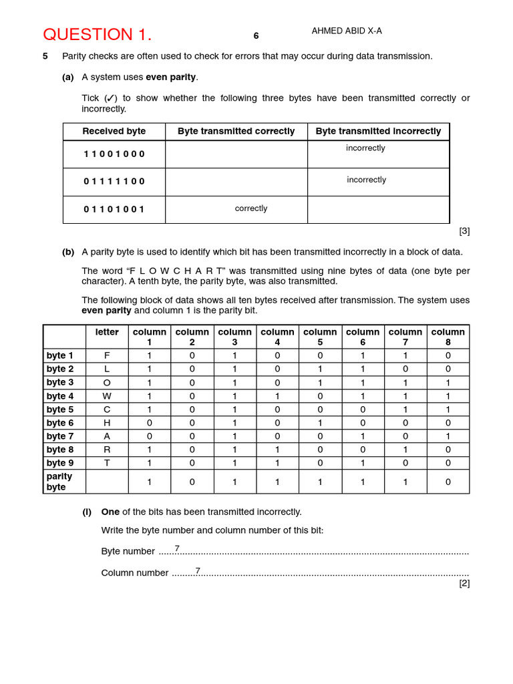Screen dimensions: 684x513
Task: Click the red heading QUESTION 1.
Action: click(x=98, y=35)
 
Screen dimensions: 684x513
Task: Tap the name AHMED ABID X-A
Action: click(x=347, y=31)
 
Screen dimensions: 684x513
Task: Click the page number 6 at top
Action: click(x=256, y=36)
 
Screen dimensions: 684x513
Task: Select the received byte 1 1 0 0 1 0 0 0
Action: click(x=114, y=154)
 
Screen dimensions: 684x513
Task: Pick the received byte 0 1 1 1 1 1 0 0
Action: click(x=114, y=181)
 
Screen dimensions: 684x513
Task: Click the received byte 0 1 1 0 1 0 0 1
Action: click(x=114, y=209)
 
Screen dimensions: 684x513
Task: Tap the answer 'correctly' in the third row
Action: click(x=251, y=208)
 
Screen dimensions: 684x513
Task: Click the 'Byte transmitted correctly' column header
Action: click(x=236, y=131)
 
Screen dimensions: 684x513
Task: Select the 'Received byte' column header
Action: click(x=114, y=131)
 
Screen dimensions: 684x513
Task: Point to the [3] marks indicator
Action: click(x=464, y=230)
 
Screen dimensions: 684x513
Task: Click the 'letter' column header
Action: click(x=107, y=332)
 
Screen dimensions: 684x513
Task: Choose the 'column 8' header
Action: click(x=448, y=337)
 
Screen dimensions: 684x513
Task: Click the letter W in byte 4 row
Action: click(x=107, y=396)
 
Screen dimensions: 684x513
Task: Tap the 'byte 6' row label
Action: click(x=60, y=423)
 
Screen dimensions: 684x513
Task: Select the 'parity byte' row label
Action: click(x=59, y=482)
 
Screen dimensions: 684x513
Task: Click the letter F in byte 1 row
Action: click(x=107, y=356)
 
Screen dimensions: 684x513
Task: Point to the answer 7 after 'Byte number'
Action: click(x=177, y=548)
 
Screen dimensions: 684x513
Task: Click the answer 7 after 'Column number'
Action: click(x=198, y=570)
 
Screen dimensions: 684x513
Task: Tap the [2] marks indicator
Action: click(x=464, y=582)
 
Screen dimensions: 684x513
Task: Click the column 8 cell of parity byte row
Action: click(x=448, y=482)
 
